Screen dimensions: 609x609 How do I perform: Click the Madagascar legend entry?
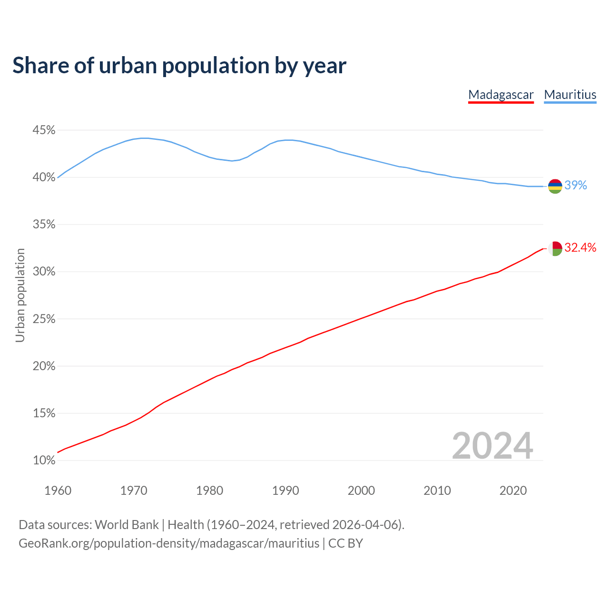coord(501,95)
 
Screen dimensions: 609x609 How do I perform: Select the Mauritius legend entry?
coord(570,95)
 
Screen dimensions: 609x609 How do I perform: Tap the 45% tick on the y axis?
coord(44,130)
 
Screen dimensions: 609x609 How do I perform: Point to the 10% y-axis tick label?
coord(44,461)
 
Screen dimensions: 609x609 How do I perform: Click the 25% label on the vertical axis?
coord(44,319)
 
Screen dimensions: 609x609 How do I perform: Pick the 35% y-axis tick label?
coord(44,225)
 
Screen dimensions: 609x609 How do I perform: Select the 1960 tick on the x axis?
coord(58,491)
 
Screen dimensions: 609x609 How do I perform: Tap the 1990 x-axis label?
coord(285,491)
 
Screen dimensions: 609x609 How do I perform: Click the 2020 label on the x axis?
coord(513,491)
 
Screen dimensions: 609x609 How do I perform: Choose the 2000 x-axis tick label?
coord(361,491)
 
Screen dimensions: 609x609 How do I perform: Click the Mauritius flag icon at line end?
coord(555,186)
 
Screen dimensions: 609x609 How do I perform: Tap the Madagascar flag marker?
coord(555,248)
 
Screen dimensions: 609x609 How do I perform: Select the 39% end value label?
coord(576,186)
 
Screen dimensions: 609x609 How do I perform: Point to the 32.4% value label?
coord(580,247)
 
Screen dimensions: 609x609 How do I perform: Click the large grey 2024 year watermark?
coord(492,446)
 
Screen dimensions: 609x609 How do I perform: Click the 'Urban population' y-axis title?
coord(20,295)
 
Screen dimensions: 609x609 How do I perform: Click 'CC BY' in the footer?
coord(346,543)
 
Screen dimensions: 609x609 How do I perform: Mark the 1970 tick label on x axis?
coord(134,491)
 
